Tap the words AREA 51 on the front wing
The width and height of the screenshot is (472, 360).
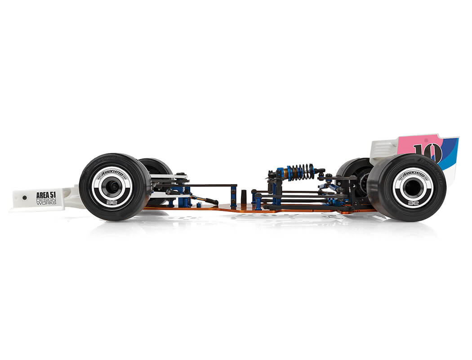pyautogui.click(x=46, y=195)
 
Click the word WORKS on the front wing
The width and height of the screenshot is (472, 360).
pyautogui.click(x=46, y=203)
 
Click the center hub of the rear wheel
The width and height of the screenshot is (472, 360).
pyautogui.click(x=412, y=188)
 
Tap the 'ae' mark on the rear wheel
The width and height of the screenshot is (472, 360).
pyautogui.click(x=412, y=203)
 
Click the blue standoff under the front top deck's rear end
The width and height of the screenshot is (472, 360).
pyautogui.click(x=233, y=197)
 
